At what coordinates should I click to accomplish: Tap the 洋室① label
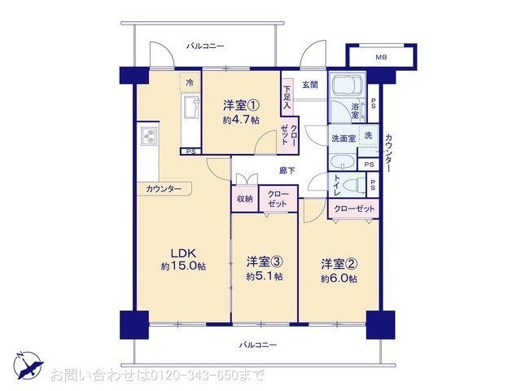tap(242, 105)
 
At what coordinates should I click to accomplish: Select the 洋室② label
tap(338, 264)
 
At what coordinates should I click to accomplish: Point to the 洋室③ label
tap(265, 261)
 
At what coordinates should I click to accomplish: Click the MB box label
tap(381, 57)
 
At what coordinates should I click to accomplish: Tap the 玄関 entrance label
tap(310, 84)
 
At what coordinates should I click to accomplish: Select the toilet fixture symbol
tap(351, 185)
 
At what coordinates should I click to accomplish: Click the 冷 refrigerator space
tap(190, 82)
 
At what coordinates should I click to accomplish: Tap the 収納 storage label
tap(245, 199)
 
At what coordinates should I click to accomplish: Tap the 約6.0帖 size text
tap(338, 279)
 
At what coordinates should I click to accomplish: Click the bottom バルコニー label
tap(258, 345)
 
